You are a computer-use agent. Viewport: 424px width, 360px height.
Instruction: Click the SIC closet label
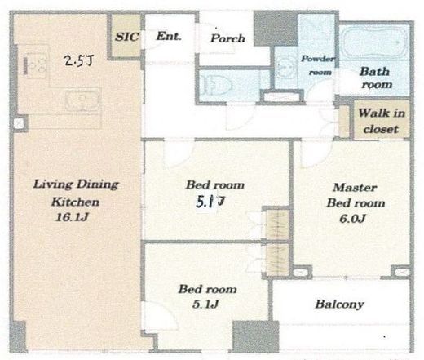coord(127,37)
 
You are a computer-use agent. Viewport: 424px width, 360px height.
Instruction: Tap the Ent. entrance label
coord(169,36)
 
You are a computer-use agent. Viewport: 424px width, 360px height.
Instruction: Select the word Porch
coord(227,38)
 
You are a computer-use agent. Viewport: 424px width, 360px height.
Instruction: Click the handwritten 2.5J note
coord(78,60)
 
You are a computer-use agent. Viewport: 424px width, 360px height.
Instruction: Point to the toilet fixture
coord(216,85)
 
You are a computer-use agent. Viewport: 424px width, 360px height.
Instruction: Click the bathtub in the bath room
coord(374,43)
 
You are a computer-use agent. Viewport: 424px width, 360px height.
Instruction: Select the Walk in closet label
coord(382,121)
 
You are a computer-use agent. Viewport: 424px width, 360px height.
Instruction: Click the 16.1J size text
coord(72,217)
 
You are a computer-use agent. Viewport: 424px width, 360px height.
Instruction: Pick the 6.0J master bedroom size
coord(352,219)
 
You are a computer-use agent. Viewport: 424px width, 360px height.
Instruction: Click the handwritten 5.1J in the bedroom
coord(210,202)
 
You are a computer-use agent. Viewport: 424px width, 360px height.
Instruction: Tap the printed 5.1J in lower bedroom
coord(205,304)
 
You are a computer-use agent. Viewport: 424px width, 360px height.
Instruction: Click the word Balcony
coord(339,304)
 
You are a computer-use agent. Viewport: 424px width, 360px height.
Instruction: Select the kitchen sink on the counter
coord(82,100)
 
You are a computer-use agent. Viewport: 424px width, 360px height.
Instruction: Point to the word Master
coord(355,188)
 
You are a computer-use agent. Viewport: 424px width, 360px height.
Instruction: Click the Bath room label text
coord(377,78)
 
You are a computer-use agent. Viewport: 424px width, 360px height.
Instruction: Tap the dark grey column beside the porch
coord(276,29)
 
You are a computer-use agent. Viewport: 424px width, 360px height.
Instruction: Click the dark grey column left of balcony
coord(256,337)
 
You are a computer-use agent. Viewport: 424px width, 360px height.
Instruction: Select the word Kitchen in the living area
coord(75,202)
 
